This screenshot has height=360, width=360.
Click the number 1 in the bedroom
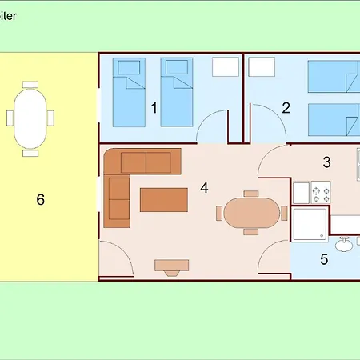point(154,107)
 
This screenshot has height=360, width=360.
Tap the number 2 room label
point(286,107)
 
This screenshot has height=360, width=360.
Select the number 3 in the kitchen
point(326,162)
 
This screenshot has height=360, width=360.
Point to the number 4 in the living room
point(204,187)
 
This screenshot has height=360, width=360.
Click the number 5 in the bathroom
point(324,258)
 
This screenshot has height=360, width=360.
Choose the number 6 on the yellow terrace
point(40,198)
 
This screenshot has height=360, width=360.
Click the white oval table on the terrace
point(30,117)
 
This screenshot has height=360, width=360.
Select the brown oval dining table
point(250,213)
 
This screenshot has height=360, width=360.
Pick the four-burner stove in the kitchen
point(321,193)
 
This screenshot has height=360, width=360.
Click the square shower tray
point(310,224)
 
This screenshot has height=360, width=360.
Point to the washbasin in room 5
point(346,245)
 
